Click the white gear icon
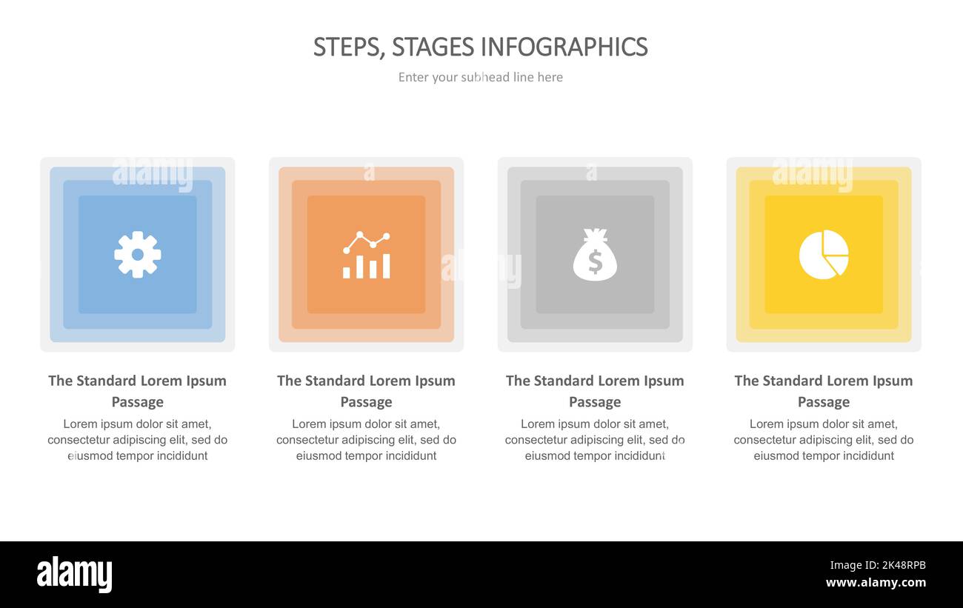coord(138,255)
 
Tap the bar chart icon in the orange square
coord(366,255)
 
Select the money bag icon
coord(595,255)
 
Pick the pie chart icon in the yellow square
coord(824,255)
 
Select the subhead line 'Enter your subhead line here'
coord(481,77)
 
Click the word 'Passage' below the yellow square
coord(824,402)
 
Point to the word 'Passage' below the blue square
coord(138,402)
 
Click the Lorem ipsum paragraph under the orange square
coord(366,440)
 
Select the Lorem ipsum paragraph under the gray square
coord(595,440)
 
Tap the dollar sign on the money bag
coord(595,262)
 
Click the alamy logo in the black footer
coord(74,575)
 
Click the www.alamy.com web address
coord(876,583)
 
